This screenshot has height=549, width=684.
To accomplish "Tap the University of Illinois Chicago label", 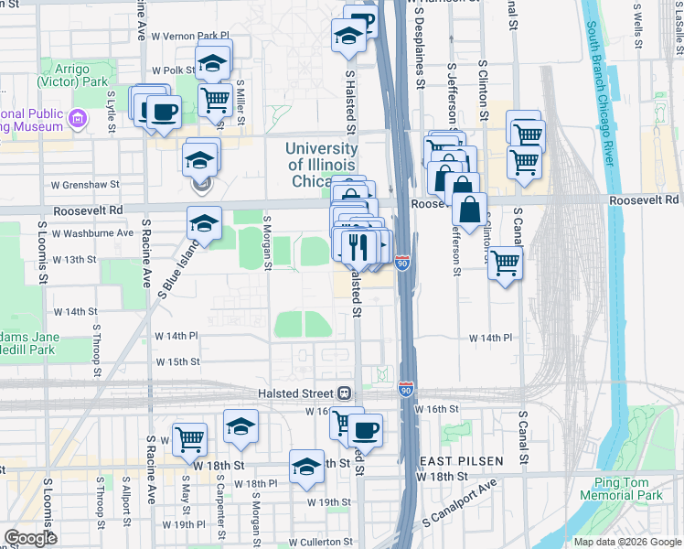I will pos(322,165).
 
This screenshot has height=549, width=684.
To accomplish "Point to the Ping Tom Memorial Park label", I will pos(626,489).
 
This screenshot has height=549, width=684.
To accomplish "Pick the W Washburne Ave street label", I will pos(92,232).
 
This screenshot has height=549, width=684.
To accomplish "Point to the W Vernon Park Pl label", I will pos(188,36).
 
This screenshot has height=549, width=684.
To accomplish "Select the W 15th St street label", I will pos(177,361).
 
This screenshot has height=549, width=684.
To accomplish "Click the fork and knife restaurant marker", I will pos(358,245).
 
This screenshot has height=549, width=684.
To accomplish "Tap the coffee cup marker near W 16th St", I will pos(366,428).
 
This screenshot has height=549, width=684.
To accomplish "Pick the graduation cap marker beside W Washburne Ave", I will pos(204,223).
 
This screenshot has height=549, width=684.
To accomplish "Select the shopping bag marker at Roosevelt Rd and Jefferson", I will pos(469,209).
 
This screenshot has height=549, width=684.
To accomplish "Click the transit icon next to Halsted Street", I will pos(345,393).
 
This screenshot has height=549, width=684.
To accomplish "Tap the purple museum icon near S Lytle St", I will pos(77,117).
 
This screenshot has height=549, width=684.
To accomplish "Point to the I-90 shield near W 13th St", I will pos(402,264).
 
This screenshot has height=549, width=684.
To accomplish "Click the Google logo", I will pos(30,538).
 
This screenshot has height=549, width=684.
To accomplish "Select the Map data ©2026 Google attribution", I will pos(626,542).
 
